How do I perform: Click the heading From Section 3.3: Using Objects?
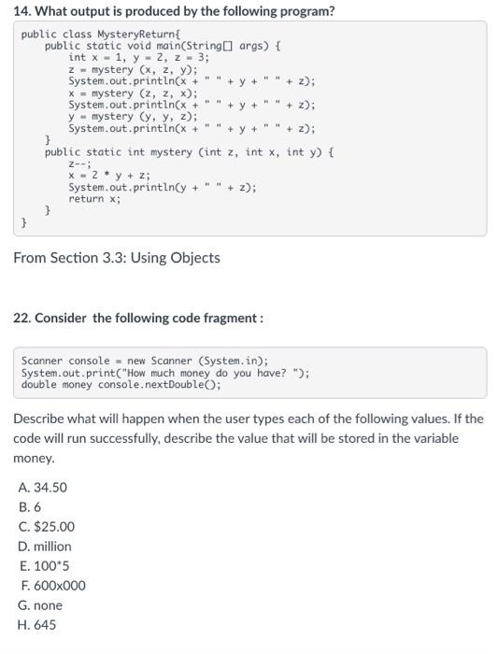pos(117,257)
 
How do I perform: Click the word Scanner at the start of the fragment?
pos(41,361)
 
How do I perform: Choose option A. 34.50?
pos(42,487)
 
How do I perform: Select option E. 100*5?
pos(44,565)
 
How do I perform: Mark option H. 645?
pos(37,624)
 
